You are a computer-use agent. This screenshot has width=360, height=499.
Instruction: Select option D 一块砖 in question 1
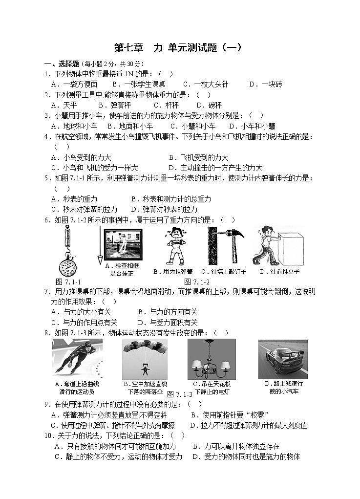[x=265, y=84]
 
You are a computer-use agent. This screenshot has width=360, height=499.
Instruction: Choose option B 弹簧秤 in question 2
[x=114, y=105]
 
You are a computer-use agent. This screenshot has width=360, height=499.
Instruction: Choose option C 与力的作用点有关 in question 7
[x=85, y=323]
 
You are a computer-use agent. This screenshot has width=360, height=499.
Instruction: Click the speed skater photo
[x=77, y=359]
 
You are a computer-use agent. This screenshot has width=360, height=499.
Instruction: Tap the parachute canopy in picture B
[x=145, y=347]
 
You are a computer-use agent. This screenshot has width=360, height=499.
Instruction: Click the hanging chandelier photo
[x=212, y=359]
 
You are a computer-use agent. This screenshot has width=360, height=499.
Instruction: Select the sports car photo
[x=283, y=359]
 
